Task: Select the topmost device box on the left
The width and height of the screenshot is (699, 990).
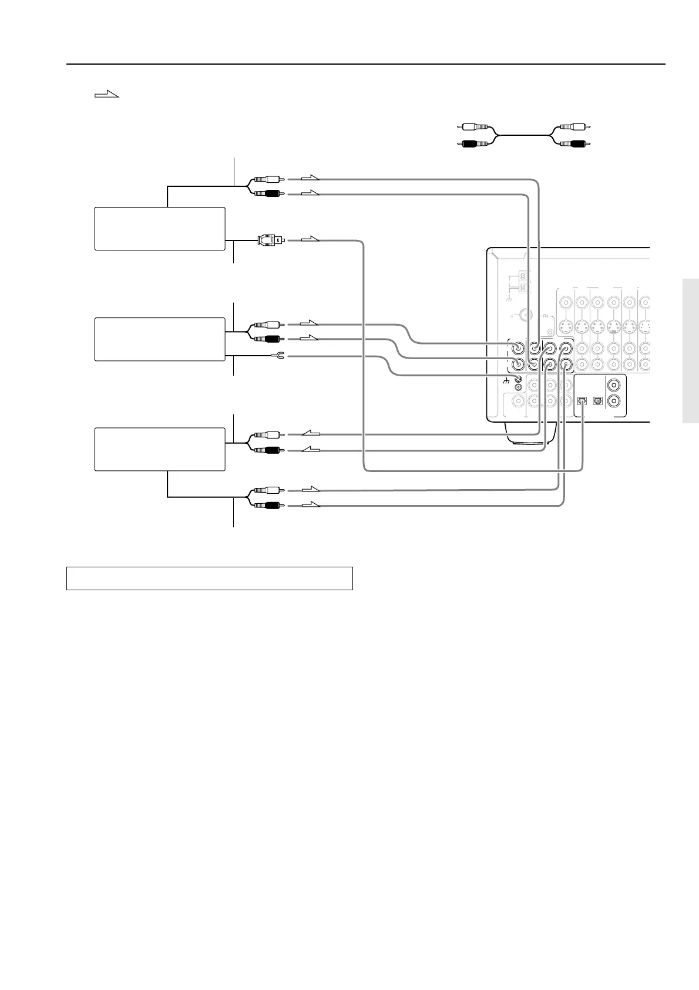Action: coord(160,229)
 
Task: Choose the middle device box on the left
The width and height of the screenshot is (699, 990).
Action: coord(160,339)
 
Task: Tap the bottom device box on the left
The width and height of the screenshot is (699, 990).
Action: coord(160,449)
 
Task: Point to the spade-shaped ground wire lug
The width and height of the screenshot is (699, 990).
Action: coord(279,356)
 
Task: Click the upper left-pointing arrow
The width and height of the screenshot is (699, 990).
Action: coord(311,434)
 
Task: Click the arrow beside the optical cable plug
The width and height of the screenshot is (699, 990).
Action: coord(310,239)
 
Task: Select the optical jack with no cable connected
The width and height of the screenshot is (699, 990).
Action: coord(598,401)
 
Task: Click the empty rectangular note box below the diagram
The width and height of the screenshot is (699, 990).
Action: coord(209,578)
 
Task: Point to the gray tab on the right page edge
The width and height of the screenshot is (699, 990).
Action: coord(691,350)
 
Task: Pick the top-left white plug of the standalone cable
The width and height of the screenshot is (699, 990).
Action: coord(475,126)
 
